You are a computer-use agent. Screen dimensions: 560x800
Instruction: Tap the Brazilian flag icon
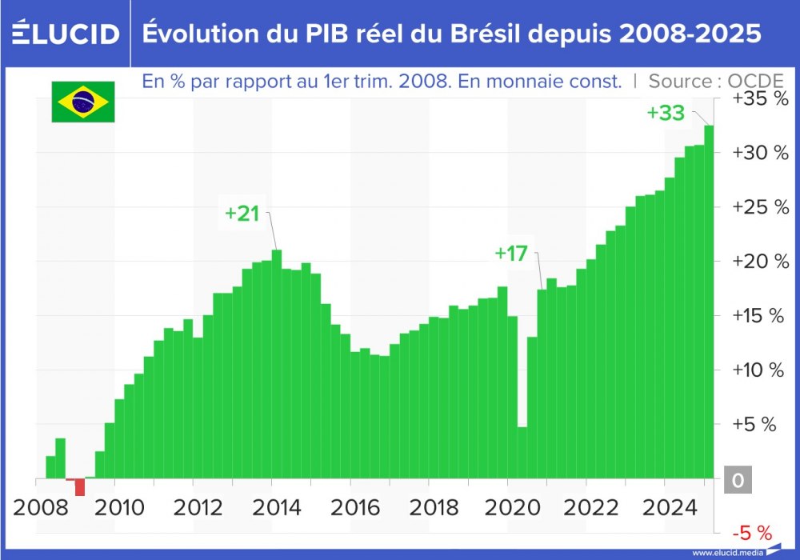coord(83,102)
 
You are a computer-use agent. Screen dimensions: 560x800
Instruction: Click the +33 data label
coord(666,114)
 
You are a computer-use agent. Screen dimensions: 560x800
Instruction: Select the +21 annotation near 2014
coord(242,214)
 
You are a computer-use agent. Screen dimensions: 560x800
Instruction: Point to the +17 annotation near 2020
coord(511,254)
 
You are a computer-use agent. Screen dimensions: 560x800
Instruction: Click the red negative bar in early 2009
coord(80,486)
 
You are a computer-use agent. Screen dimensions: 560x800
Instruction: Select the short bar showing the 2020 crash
coord(522,452)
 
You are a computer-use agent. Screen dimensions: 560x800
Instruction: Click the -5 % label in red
coord(751,533)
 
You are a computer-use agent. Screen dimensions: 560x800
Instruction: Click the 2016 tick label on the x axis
coord(350,506)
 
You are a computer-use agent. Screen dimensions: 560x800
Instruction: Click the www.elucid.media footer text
coord(726,552)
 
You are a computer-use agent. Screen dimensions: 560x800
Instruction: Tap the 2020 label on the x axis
coord(506,506)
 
